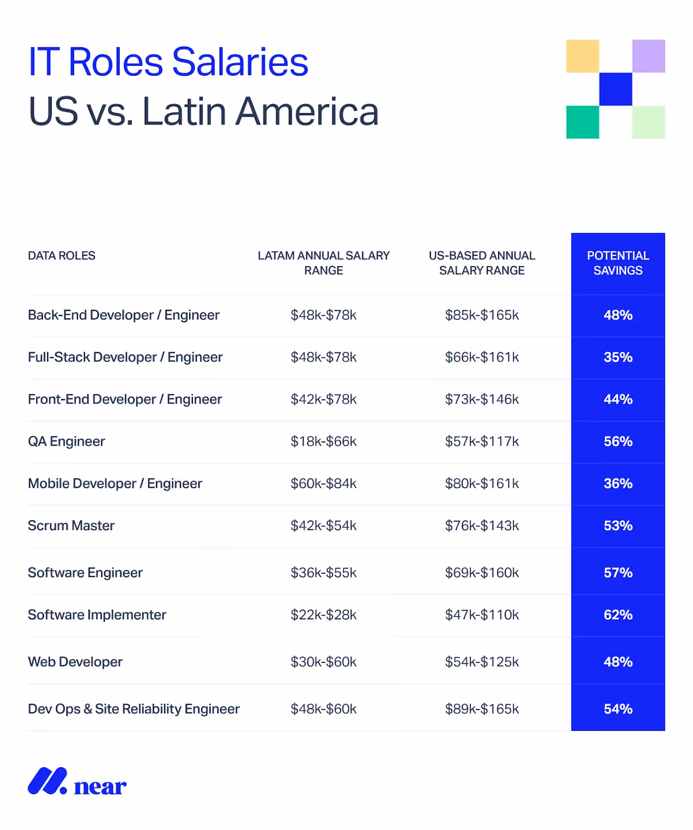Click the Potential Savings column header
[x=618, y=263]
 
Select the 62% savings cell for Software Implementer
[x=618, y=615]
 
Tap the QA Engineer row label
[x=66, y=441]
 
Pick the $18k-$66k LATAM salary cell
[x=323, y=441]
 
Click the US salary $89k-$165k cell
[x=482, y=709]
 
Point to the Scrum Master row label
[x=71, y=525]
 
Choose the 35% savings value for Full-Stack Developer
[x=618, y=357]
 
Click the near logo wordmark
[x=100, y=786]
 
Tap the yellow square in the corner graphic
[x=582, y=56]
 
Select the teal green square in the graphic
[x=582, y=122]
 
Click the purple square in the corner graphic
[x=648, y=56]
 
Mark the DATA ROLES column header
[x=62, y=256]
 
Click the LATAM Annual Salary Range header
[x=323, y=263]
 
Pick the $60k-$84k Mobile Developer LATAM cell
[x=323, y=483]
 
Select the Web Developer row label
[x=75, y=662]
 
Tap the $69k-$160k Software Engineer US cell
[x=482, y=573]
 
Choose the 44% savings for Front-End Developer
[x=618, y=399]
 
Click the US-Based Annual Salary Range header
[x=482, y=263]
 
